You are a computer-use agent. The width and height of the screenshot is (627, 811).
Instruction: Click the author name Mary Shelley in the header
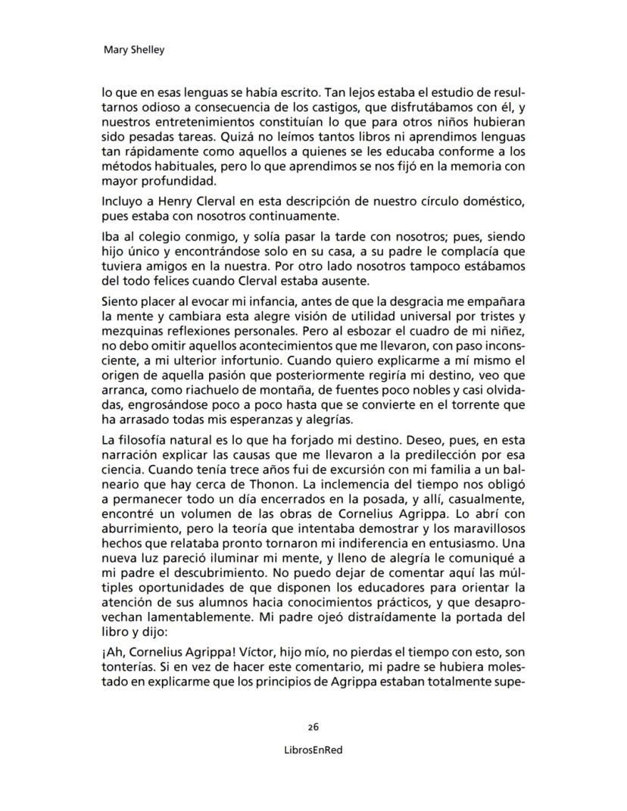(133, 51)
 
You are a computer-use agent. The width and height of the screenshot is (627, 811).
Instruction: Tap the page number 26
(313, 726)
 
